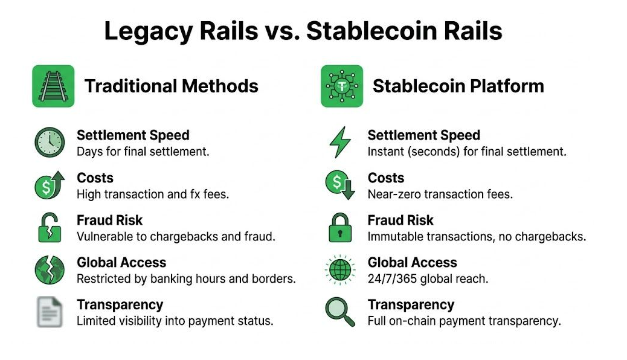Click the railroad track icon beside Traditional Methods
(x=53, y=86)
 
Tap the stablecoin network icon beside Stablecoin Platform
(x=342, y=86)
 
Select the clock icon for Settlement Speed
(x=49, y=143)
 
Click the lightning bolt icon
(x=339, y=143)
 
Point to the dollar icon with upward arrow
(x=49, y=185)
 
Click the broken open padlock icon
(x=49, y=228)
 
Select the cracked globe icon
(x=49, y=270)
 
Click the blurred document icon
(x=49, y=312)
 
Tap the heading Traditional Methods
(x=172, y=86)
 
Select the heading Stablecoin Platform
(x=458, y=86)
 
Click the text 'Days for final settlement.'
(x=143, y=152)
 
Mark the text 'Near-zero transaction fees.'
(x=440, y=194)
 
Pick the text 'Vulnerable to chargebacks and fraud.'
(x=176, y=237)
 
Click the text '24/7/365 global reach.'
(x=428, y=279)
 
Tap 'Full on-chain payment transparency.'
(x=464, y=321)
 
